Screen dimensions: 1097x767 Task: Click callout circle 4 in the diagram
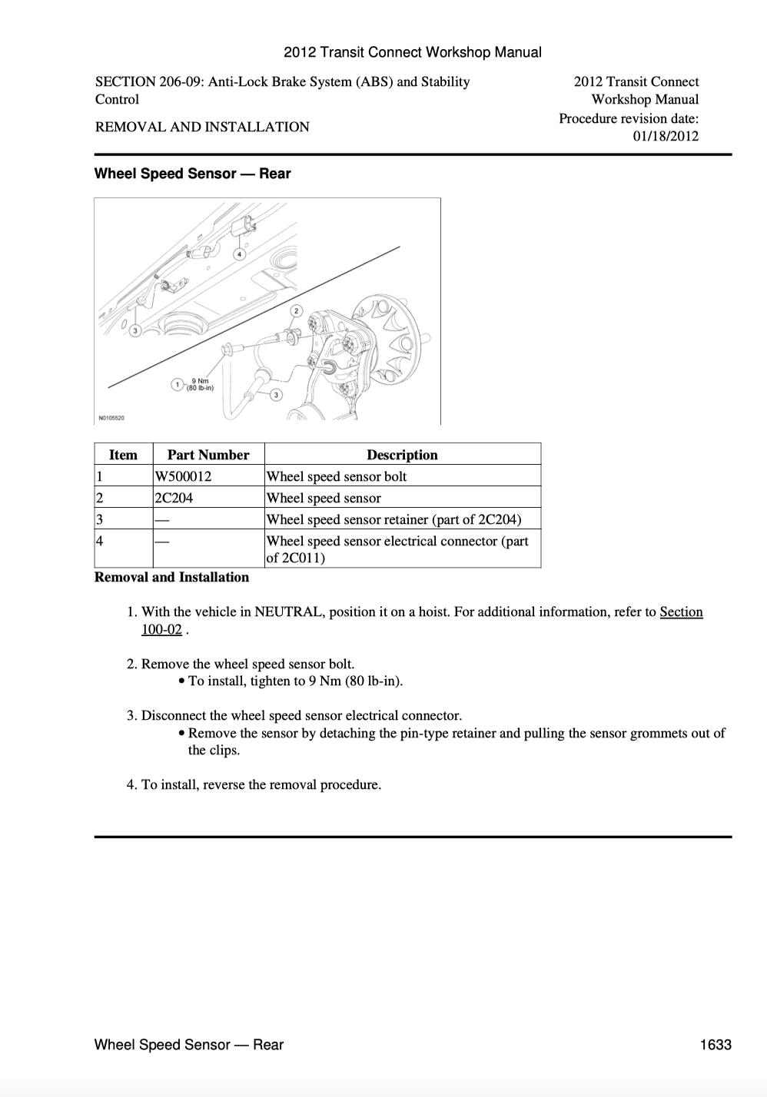(240, 254)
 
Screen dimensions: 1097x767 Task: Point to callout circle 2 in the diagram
(297, 311)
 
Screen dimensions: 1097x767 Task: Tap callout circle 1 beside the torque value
(178, 383)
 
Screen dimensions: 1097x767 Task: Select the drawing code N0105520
(111, 418)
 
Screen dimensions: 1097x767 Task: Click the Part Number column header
(208, 455)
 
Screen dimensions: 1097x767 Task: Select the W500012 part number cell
(183, 476)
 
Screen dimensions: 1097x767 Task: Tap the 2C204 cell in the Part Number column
(174, 498)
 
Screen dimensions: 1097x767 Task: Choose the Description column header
(402, 455)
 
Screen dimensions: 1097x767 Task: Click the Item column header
(123, 455)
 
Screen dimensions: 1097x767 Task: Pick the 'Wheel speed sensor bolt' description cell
(337, 476)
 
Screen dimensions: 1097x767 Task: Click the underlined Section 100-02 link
(681, 612)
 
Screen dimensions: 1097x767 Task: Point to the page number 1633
(716, 1045)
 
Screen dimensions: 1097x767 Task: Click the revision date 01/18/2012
(666, 136)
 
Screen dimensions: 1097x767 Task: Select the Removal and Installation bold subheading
(171, 577)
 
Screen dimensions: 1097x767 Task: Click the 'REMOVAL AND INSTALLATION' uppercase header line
(202, 127)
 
